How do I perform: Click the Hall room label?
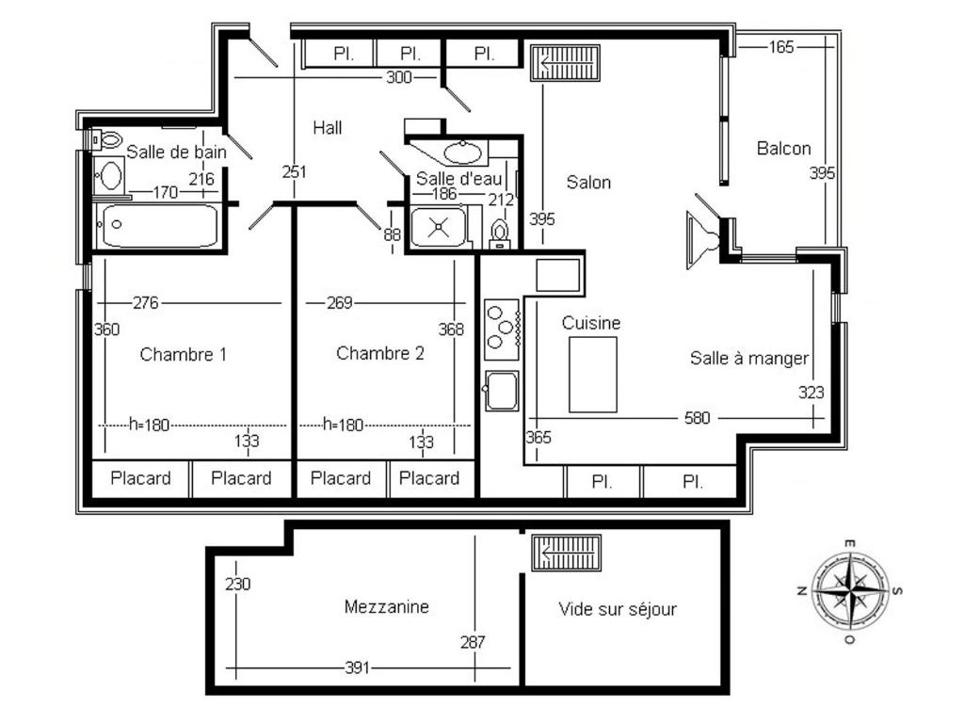(x=327, y=128)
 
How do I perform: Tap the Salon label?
(x=588, y=182)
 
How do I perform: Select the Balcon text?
(x=783, y=148)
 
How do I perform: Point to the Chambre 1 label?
(x=184, y=354)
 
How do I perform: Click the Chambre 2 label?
(x=380, y=353)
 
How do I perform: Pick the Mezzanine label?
(x=386, y=607)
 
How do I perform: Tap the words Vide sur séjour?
(x=618, y=609)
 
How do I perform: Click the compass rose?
(x=850, y=591)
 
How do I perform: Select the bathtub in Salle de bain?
(x=160, y=226)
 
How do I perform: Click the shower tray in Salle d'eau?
(x=439, y=228)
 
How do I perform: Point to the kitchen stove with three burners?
(x=503, y=329)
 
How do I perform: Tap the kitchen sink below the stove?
(x=502, y=391)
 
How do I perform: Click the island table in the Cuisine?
(x=593, y=375)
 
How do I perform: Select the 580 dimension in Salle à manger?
(x=698, y=418)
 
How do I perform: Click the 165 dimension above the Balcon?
(x=780, y=47)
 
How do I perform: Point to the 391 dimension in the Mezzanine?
(x=357, y=667)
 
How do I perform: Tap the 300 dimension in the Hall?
(x=398, y=77)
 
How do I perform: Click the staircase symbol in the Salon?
(x=565, y=63)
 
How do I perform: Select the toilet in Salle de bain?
(x=105, y=140)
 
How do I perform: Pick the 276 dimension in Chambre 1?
(x=146, y=302)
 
